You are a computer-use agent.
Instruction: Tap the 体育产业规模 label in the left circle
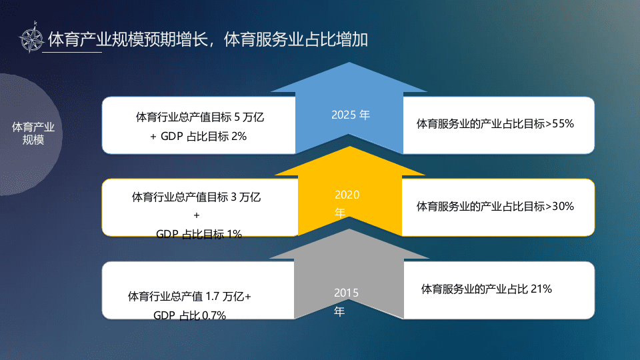[33, 133]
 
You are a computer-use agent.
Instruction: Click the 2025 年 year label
[350, 114]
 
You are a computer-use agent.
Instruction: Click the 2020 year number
[347, 195]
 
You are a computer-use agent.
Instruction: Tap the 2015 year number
[347, 293]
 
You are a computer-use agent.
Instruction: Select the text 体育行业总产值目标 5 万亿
[200, 117]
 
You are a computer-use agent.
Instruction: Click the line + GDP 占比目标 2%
[199, 136]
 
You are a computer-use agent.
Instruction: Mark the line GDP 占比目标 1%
[199, 234]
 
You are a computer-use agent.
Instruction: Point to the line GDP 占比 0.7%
[189, 315]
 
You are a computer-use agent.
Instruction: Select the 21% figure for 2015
[541, 289]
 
